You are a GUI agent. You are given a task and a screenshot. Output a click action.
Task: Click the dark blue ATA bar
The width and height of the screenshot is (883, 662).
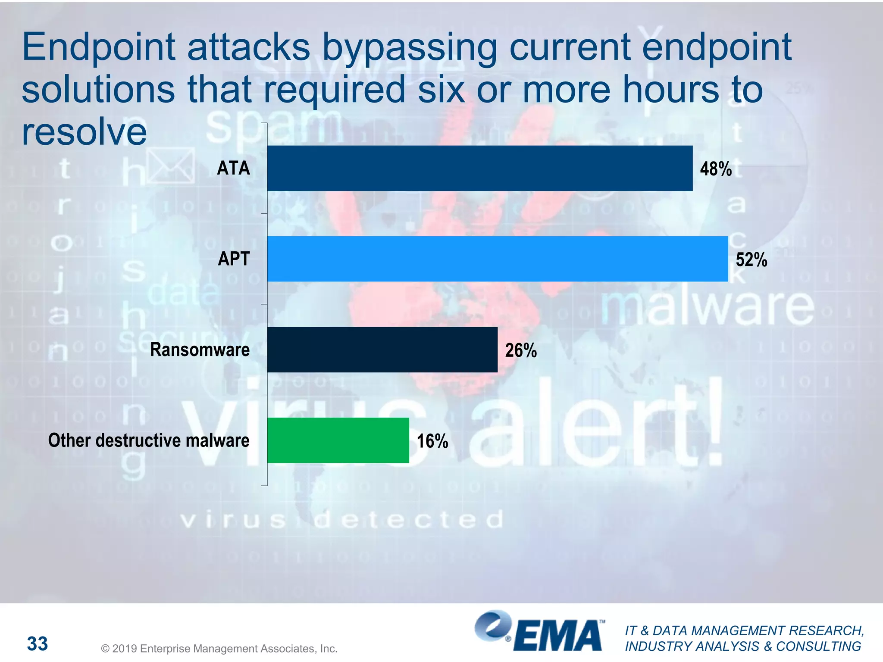[479, 168]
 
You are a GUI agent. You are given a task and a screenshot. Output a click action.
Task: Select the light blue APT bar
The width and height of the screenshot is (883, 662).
[497, 259]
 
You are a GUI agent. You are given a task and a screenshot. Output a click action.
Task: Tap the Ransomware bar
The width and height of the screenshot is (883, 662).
[382, 350]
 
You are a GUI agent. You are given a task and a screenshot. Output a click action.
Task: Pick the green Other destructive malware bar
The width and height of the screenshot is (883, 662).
[338, 440]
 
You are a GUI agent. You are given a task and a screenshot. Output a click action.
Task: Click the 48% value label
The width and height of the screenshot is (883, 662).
[716, 169]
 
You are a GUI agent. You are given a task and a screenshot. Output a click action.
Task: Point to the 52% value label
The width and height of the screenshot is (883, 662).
[751, 260]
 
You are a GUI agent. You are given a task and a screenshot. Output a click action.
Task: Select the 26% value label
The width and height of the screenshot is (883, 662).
[521, 350]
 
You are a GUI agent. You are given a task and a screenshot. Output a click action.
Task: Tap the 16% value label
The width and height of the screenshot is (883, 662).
[432, 441]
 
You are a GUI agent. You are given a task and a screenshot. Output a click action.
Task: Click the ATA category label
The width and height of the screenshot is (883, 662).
[233, 168]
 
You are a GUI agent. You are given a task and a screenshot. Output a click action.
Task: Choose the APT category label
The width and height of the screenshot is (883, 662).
[234, 259]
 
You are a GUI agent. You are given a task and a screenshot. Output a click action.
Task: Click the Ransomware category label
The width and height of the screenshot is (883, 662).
[200, 350]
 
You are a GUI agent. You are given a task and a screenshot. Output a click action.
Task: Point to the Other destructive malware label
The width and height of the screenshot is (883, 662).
[149, 440]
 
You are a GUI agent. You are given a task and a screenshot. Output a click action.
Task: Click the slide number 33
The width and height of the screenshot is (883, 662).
[38, 644]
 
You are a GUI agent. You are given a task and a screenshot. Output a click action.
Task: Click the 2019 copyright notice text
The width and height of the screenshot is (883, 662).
[219, 649]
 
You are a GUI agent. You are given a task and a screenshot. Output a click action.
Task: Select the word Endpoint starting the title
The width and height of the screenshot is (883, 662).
[99, 47]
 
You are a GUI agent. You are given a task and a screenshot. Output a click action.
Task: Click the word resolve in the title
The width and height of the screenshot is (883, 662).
[84, 131]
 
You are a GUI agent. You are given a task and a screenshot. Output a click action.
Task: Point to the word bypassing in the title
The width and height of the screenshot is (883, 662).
[410, 48]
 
